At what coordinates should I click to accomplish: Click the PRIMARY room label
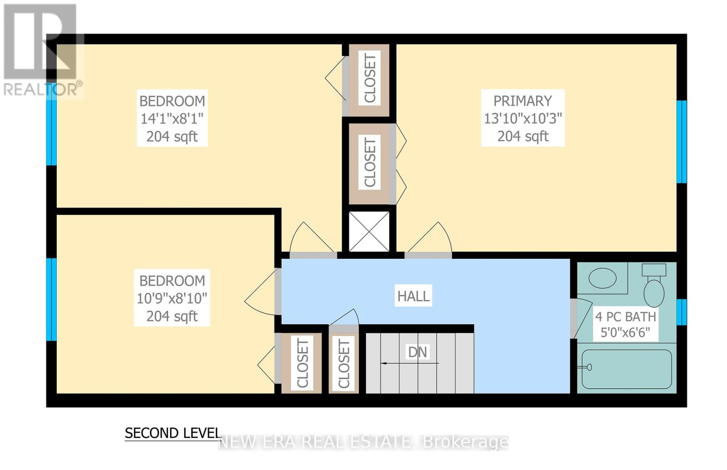(523, 101)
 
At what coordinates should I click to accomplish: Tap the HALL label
(413, 296)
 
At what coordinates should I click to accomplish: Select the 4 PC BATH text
(625, 317)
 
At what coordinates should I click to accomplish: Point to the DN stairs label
(418, 352)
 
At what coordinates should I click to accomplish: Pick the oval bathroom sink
(603, 278)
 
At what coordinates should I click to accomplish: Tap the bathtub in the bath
(627, 369)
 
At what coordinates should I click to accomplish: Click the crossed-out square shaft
(369, 231)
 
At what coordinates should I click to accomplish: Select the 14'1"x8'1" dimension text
(172, 119)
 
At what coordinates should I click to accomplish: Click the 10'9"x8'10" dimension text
(172, 298)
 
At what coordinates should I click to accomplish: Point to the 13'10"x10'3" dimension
(523, 119)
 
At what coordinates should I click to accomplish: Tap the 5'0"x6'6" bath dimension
(625, 333)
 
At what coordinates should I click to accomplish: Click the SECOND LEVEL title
(173, 433)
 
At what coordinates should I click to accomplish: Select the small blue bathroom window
(682, 312)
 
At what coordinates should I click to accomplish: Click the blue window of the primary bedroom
(682, 142)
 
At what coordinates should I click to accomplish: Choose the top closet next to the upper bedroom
(369, 80)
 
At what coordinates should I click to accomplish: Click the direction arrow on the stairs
(409, 363)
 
